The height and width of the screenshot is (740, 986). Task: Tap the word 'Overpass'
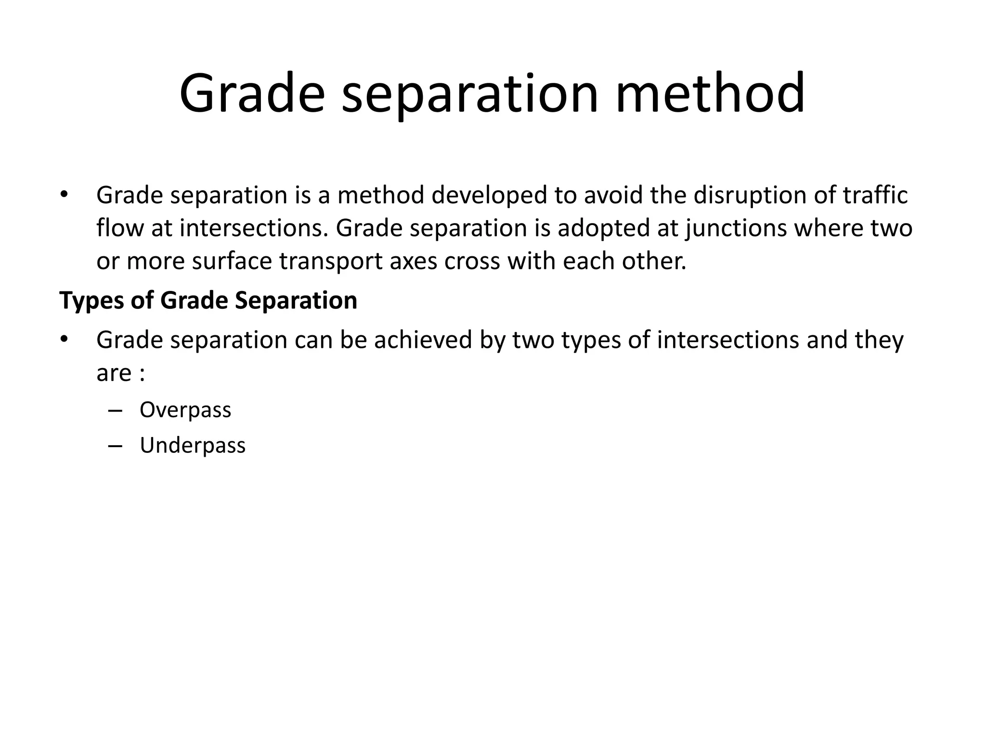point(185,410)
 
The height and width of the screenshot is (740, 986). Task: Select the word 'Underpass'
point(193,446)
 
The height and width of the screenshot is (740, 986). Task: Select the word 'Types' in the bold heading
point(91,301)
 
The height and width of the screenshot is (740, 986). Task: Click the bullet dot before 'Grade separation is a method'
point(64,195)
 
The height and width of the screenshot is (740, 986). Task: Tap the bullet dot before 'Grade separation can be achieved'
point(64,340)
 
